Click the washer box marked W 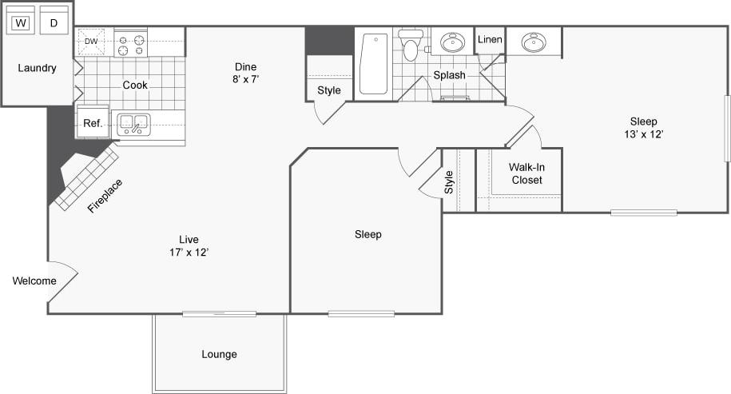point(21,23)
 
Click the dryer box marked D point(54,23)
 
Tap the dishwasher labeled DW point(91,42)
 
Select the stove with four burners point(130,43)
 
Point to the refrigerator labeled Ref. point(92,124)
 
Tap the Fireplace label point(105,196)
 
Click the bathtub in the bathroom point(373,63)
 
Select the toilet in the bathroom point(411,46)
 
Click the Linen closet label point(490,39)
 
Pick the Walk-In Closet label point(526,174)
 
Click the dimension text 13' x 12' point(643,134)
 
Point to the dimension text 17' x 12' point(189,253)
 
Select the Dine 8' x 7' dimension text point(246,79)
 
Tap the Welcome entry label point(34,281)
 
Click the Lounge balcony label point(219,354)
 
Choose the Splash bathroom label point(449,75)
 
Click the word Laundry point(37,68)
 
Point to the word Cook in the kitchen point(135,85)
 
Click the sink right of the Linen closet point(534,42)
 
